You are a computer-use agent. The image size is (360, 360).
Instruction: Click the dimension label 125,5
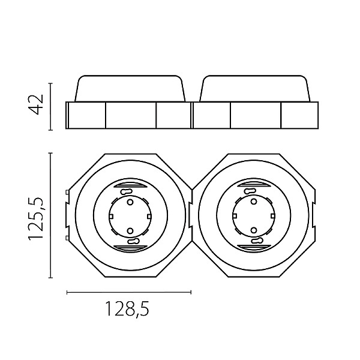tap(35, 219)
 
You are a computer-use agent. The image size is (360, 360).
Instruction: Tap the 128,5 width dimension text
tap(127, 309)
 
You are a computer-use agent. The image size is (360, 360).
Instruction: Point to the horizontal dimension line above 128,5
tap(129, 292)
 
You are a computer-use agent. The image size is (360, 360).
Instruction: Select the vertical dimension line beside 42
tap(51, 107)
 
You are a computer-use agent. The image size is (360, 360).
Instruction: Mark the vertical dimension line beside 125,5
tap(51, 215)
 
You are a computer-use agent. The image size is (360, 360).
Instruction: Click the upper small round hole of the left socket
tap(130, 202)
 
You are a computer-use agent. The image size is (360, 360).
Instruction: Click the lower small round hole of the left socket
tap(130, 230)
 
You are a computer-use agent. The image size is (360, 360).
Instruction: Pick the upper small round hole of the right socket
tap(254, 202)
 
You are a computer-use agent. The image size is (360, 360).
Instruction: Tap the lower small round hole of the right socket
tap(254, 230)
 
